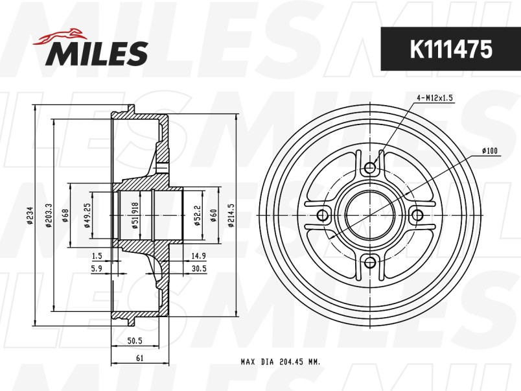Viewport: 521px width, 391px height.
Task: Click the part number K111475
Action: [x=450, y=49]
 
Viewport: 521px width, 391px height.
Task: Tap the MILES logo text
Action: [x=97, y=53]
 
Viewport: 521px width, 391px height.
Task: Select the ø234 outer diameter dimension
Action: [x=30, y=215]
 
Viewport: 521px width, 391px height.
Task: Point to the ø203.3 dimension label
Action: [x=49, y=215]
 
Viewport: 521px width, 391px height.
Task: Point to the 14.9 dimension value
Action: [x=198, y=255]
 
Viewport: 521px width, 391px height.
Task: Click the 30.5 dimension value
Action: [x=198, y=268]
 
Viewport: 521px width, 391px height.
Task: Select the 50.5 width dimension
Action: [x=135, y=340]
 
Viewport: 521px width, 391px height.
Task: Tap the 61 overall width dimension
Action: [x=141, y=358]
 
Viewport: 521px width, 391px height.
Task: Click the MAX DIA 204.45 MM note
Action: [x=280, y=362]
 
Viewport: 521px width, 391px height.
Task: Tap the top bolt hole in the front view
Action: [x=370, y=169]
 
